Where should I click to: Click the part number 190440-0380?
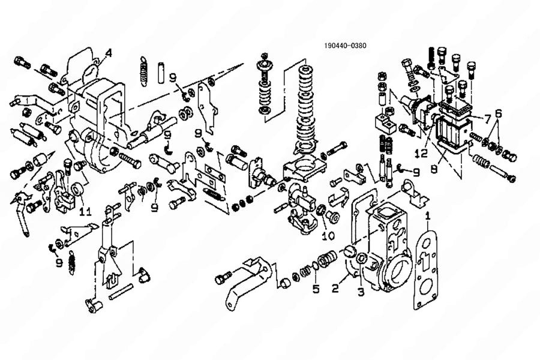coord(345,46)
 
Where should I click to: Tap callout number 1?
coord(428,214)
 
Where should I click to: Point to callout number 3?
coord(361,292)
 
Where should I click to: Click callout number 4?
coord(108,53)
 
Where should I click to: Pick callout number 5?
coord(316,289)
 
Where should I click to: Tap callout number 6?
coord(498,113)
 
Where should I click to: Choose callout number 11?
coord(85,211)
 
